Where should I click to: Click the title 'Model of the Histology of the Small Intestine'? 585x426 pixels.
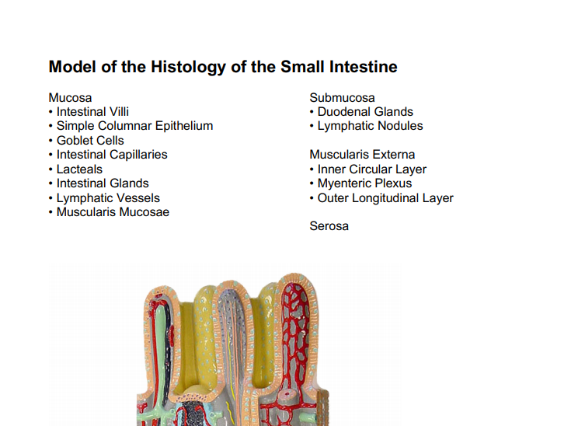tap(223, 67)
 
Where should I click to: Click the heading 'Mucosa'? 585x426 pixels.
tap(70, 98)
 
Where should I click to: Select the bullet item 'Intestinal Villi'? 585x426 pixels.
tap(92, 112)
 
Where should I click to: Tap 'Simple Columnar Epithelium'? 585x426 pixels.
tap(134, 126)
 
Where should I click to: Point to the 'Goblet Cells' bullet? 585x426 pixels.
tap(90, 141)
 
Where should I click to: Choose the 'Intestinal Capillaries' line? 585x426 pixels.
tap(112, 155)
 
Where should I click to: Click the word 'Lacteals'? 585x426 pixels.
tap(79, 169)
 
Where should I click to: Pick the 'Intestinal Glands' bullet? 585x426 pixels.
tap(103, 183)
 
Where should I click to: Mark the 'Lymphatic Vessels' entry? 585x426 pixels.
tap(108, 198)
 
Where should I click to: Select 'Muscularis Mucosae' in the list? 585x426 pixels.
tap(113, 212)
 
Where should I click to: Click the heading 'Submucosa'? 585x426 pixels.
tap(342, 98)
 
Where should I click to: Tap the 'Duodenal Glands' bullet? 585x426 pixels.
tap(365, 112)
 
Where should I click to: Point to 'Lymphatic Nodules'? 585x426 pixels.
tap(370, 126)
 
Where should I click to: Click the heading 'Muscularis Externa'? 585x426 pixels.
tap(362, 155)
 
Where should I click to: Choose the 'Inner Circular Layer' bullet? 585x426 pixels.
tap(371, 169)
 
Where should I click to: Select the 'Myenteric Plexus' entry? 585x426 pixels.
tap(364, 183)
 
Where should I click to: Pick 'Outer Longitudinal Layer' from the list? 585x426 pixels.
tap(385, 198)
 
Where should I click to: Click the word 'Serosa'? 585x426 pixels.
tap(329, 226)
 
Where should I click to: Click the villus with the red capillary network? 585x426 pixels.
tap(299, 342)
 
